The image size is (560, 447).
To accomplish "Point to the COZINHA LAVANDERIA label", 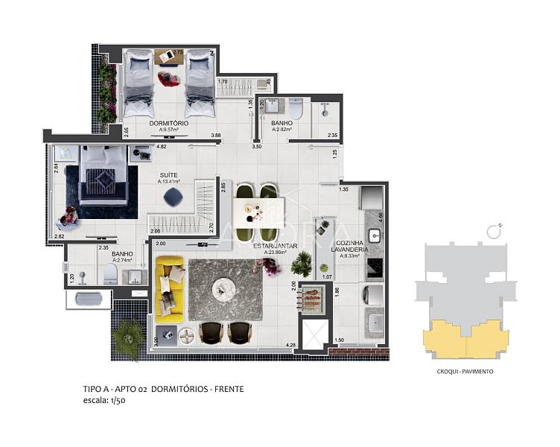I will [x=348, y=247].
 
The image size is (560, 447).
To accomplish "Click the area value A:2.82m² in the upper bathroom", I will [x=281, y=129].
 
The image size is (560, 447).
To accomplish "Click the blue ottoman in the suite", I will [x=173, y=197].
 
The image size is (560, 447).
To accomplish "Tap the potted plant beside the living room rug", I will [x=302, y=262].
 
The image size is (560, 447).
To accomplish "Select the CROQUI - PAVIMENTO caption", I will [x=465, y=371].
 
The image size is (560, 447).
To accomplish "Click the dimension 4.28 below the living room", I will [x=290, y=344].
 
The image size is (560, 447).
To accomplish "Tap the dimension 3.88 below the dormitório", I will [x=216, y=135].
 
